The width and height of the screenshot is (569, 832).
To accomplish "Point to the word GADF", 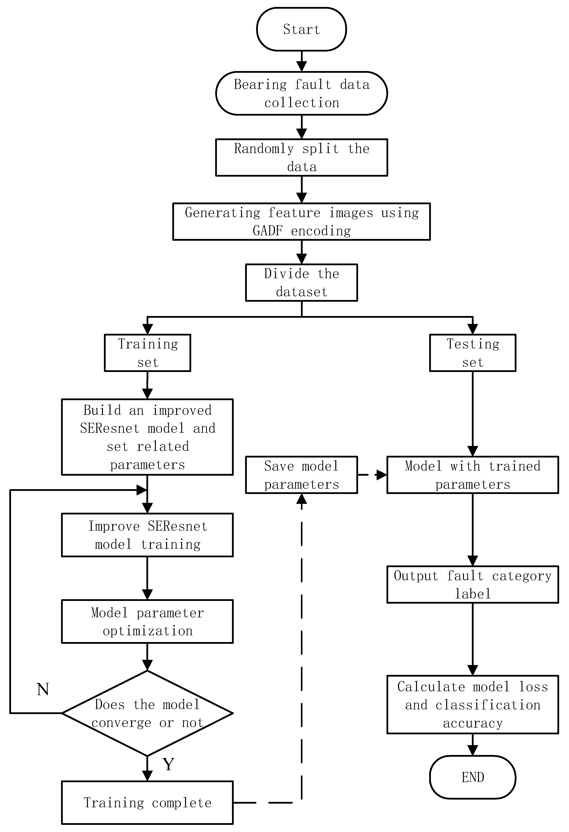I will [268, 231].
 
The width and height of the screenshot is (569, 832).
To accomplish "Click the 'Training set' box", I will [148, 353].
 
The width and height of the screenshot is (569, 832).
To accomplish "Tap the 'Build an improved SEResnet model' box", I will [148, 437].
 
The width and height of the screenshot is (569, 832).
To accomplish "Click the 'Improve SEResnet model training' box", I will [148, 535].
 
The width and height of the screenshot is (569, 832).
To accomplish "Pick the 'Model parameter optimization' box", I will [148, 622].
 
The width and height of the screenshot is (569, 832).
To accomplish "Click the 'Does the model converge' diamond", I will [148, 713].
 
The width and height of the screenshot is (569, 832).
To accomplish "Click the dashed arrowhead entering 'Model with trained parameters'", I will [382, 475].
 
